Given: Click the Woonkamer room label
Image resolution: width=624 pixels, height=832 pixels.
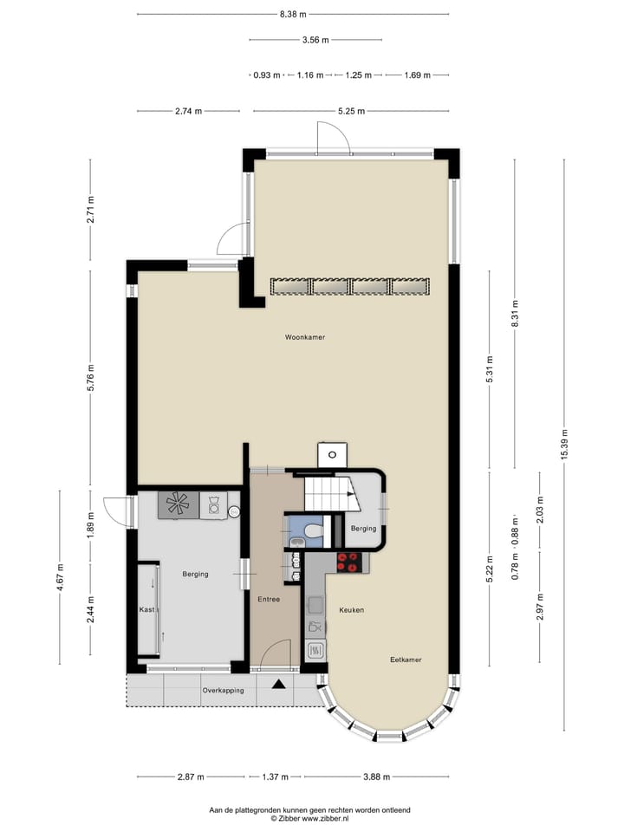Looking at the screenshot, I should pos(304,337).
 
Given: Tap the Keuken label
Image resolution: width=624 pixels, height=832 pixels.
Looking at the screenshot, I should pos(351,610).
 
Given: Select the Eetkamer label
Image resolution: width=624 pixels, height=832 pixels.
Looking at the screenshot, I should pos(406,660).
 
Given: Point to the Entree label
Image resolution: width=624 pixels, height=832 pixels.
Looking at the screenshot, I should pos(269,599).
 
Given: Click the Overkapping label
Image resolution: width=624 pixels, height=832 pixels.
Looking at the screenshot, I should pos(223,691).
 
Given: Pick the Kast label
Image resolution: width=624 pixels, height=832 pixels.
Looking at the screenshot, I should pos(147,610).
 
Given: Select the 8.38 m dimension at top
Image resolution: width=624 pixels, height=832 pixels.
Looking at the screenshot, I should pos(292,15).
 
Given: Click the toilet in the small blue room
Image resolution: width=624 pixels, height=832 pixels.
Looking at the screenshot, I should pos(314,527).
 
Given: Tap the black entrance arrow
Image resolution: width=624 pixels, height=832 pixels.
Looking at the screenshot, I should pos(279,686).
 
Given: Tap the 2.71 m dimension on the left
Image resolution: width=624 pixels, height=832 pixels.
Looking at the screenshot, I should pos(91,209).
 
